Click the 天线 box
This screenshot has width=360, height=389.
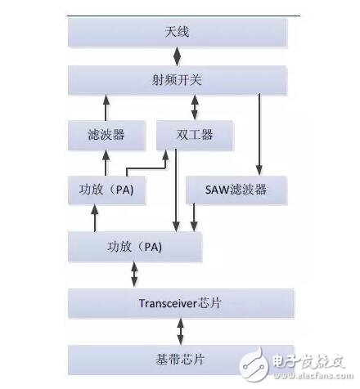(x=178, y=33)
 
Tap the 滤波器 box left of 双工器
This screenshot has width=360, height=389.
(x=106, y=134)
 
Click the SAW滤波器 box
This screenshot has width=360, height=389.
(x=237, y=190)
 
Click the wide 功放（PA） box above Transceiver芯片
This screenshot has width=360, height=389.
(x=134, y=245)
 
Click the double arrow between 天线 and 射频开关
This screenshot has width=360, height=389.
(x=178, y=56)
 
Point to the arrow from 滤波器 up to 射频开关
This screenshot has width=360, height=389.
(x=105, y=106)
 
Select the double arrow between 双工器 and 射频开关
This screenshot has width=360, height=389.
(x=194, y=106)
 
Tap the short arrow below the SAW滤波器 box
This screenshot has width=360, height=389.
(x=194, y=217)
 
